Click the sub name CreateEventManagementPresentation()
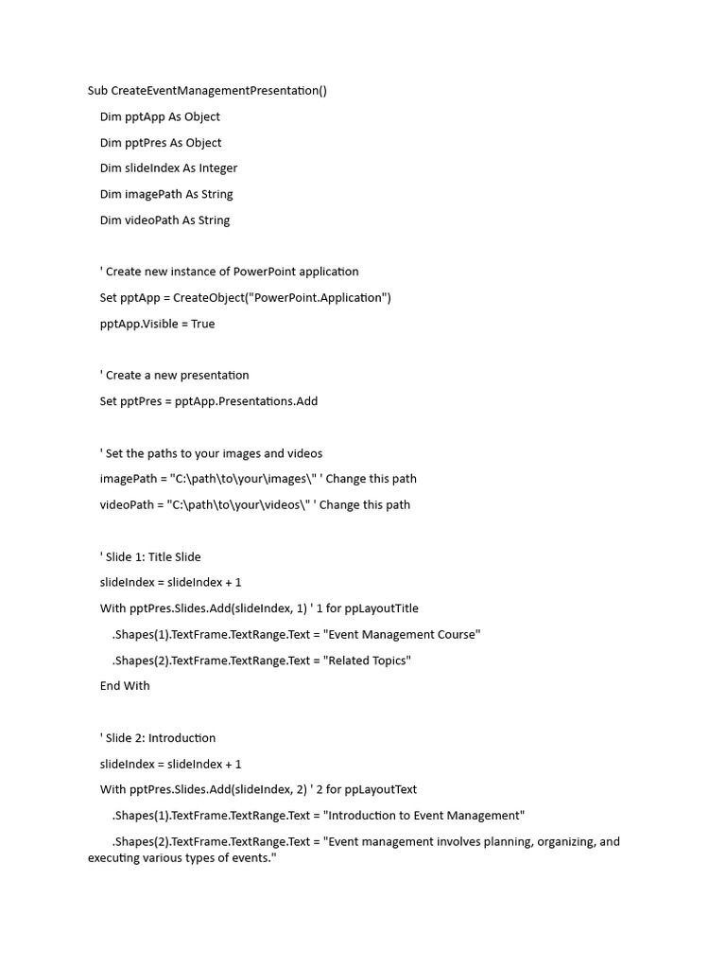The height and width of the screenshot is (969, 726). point(218,91)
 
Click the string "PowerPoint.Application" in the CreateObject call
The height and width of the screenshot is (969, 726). point(315,298)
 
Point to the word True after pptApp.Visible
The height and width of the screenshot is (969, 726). point(202,324)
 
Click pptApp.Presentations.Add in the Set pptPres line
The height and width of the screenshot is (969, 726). point(246,401)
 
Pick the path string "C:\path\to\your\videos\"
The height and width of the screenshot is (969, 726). point(241,505)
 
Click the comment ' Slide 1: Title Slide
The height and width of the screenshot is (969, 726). point(150,556)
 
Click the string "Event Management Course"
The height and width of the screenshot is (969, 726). point(402,634)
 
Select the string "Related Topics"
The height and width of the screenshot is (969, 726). point(367,661)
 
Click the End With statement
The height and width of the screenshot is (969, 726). point(125,686)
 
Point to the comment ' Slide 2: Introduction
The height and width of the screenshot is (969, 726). point(158,738)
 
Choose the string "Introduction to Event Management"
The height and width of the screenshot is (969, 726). point(423,816)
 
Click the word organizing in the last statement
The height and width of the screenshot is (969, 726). point(564,841)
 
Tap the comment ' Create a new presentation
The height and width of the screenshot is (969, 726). point(174,376)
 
